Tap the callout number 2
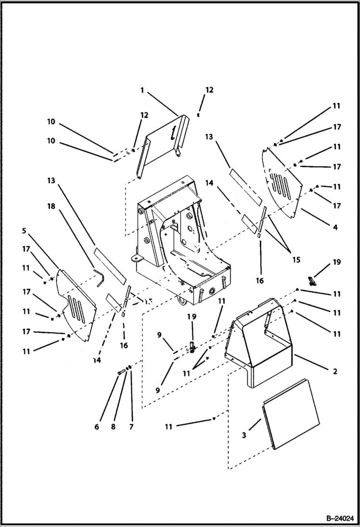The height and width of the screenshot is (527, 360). (x=335, y=371)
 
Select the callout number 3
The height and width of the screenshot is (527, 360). (x=244, y=435)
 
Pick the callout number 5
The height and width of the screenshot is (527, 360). (x=25, y=231)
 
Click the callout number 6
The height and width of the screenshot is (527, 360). (x=97, y=427)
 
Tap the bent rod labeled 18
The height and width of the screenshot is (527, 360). (x=99, y=277)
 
